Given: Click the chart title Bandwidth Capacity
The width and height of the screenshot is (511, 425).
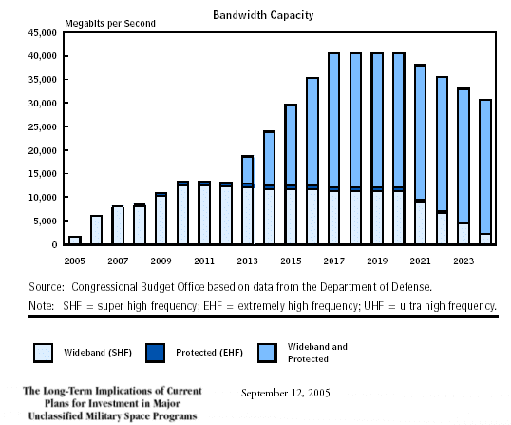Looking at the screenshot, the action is [263, 15].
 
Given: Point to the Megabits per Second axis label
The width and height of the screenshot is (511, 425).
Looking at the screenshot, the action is [110, 24].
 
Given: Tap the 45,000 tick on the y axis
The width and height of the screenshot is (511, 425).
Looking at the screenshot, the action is [43, 33].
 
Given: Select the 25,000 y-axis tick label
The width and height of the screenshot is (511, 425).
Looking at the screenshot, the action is [43, 126].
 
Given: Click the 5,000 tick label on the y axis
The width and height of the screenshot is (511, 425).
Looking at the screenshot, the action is [45, 222].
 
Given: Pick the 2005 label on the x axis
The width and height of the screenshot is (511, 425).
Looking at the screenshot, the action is [75, 261].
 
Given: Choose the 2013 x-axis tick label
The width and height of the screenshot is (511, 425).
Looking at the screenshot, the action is [247, 261].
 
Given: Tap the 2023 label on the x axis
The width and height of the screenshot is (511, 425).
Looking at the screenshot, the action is [464, 261].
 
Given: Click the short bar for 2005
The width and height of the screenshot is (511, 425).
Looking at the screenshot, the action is [75, 240].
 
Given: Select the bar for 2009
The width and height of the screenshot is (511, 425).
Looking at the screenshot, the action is [161, 219].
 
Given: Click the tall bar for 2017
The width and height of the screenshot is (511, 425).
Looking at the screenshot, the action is [334, 148].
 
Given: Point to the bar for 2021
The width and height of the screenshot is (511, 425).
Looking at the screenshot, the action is [421, 154].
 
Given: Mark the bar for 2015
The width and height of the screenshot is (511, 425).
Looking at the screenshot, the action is [291, 174].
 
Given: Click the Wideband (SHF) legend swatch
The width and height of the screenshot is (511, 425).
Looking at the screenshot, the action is [43, 353].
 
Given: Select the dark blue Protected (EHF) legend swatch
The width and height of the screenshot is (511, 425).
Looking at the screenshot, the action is [155, 353].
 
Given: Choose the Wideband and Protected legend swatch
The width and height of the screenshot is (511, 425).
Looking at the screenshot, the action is [267, 353].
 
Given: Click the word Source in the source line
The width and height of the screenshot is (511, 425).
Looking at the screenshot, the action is [47, 287].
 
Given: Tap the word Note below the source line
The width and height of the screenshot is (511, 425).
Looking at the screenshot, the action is [42, 306].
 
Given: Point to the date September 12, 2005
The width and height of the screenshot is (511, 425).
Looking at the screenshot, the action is [286, 393].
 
